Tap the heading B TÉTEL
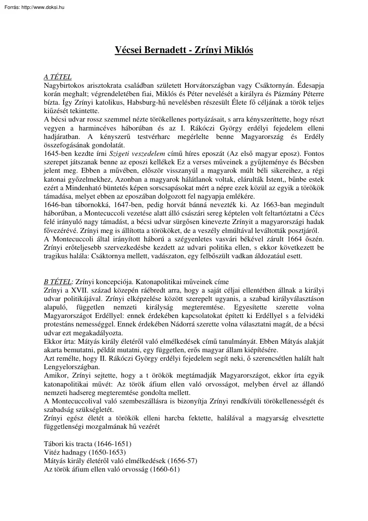point(57,281)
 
